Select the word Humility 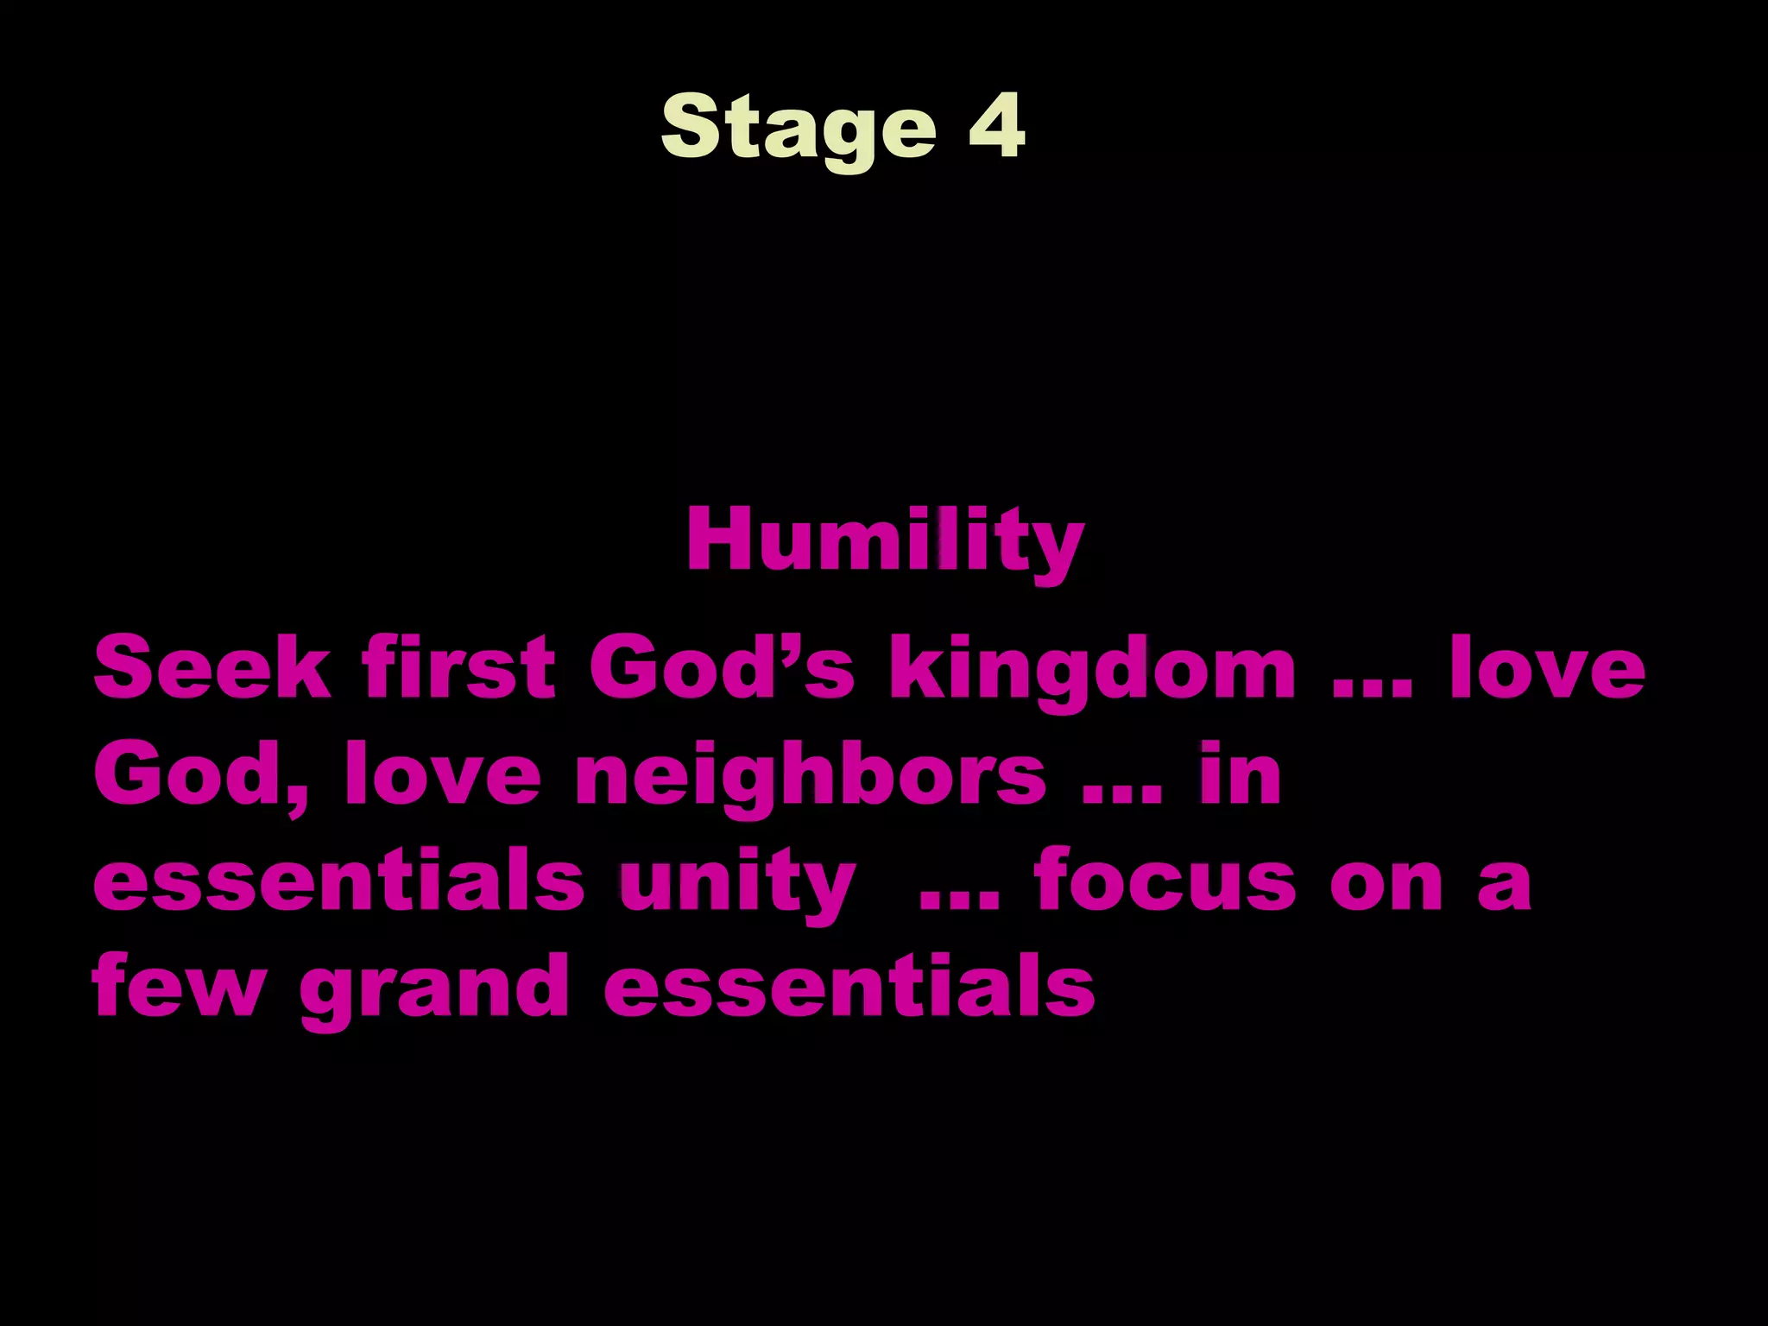(885, 542)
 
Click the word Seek (212, 667)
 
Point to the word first (458, 667)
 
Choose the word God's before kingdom (722, 667)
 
